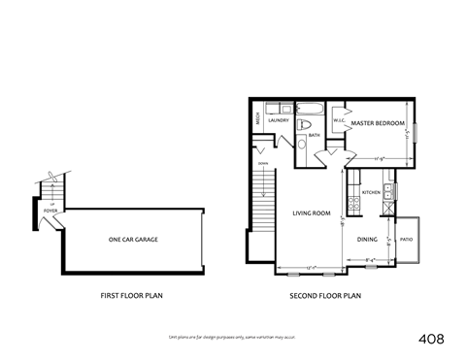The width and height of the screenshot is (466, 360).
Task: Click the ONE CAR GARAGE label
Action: [x=133, y=239]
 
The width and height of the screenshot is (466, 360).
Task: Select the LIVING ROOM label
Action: [x=312, y=213]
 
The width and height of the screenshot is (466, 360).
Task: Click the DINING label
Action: [x=367, y=239]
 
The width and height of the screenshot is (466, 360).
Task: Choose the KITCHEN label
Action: [x=371, y=193]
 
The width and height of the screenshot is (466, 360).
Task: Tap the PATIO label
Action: [x=407, y=239]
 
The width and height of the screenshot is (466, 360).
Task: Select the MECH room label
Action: [x=256, y=119]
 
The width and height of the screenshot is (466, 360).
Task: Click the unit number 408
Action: [x=431, y=339]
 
